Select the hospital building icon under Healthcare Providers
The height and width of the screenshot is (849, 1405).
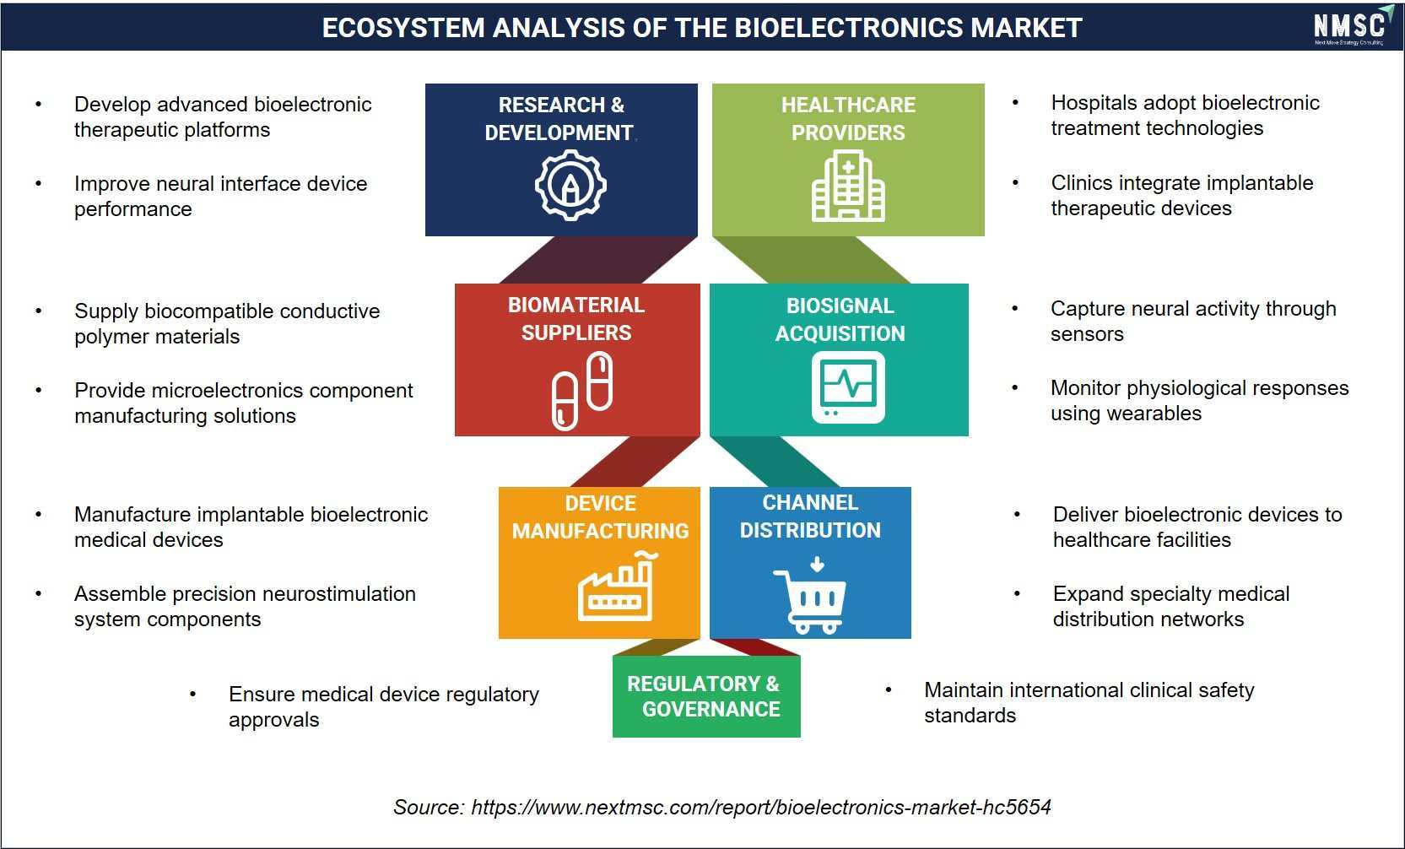[848, 186]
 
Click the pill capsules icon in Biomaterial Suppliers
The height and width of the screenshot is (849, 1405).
[582, 391]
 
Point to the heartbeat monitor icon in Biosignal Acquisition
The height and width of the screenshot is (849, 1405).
[848, 387]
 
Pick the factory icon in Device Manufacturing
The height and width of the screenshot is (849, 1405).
[617, 586]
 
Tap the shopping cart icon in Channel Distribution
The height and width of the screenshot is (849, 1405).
[810, 595]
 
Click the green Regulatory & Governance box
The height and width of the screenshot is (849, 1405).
[706, 696]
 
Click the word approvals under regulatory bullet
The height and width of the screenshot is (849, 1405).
[274, 720]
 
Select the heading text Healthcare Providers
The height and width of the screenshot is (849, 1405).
[848, 119]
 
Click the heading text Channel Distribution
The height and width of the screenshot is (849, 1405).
[810, 516]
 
